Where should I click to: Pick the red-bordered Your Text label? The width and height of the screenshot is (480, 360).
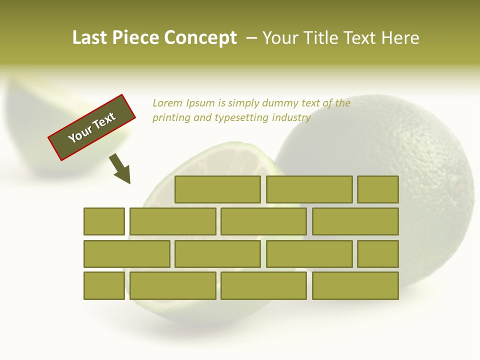(x=92, y=127)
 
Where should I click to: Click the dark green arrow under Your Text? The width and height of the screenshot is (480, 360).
(x=120, y=169)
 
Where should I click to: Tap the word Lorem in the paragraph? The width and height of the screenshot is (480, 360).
(x=167, y=103)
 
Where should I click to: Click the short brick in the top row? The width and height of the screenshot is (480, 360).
(x=378, y=189)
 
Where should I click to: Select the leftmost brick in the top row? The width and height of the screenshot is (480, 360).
(x=217, y=189)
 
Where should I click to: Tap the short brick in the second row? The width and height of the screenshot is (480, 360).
(x=104, y=221)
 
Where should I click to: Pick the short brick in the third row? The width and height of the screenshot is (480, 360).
(x=378, y=254)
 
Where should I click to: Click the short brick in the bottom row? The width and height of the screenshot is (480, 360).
(x=104, y=286)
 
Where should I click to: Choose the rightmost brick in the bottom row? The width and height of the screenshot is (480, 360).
(x=355, y=286)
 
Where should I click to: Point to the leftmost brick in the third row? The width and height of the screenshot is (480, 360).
(x=126, y=254)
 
